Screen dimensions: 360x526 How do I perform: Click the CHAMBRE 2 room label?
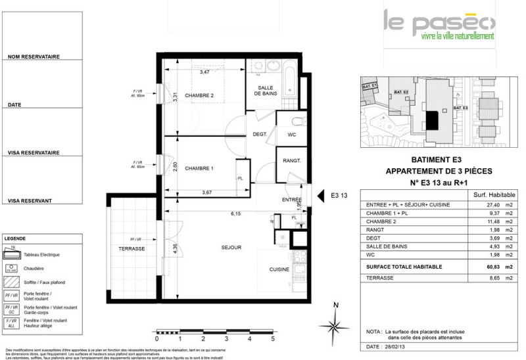pyautogui.click(x=199, y=96)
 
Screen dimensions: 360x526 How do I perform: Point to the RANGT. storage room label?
pyautogui.click(x=291, y=161)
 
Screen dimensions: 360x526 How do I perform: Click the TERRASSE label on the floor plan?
pyautogui.click(x=131, y=248)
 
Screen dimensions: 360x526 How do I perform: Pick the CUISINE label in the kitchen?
pyautogui.click(x=279, y=269)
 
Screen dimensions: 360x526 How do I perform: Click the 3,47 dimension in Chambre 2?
pyautogui.click(x=204, y=72)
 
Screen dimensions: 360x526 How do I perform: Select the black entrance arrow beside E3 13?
pyautogui.click(x=321, y=195)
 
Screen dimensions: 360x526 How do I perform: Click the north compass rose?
pyautogui.click(x=335, y=325)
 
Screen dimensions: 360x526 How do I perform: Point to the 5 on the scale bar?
pyautogui.click(x=272, y=340)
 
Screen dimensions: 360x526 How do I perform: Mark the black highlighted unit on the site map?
pyautogui.click(x=432, y=120)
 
